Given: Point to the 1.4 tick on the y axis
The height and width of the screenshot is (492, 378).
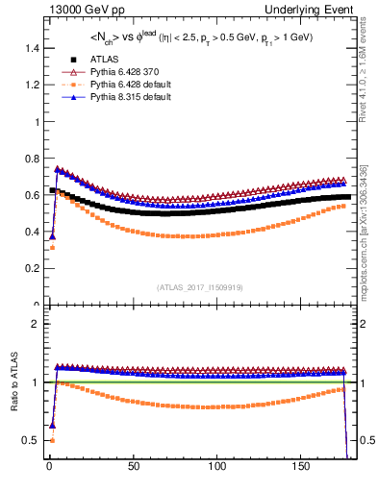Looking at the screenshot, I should tap(29, 48).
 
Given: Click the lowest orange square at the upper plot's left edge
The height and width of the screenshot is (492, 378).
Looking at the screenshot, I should tap(52, 248).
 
